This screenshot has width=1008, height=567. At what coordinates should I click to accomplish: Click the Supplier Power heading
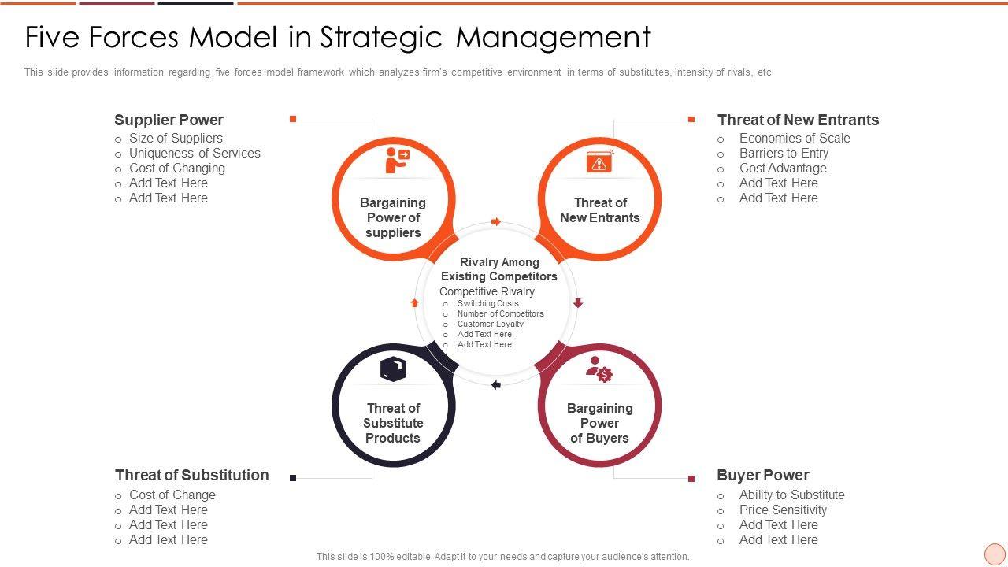(169, 120)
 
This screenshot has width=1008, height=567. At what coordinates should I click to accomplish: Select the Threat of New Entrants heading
(798, 120)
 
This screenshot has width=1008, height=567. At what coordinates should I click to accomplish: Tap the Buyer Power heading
(762, 475)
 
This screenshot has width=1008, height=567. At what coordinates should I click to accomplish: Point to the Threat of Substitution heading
(191, 475)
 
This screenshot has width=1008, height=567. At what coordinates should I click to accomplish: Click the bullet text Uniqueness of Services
(195, 153)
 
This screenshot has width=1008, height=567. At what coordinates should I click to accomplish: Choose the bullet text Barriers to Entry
(784, 153)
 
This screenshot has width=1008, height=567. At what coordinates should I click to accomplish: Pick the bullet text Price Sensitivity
(783, 510)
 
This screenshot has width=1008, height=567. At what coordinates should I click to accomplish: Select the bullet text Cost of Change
(172, 495)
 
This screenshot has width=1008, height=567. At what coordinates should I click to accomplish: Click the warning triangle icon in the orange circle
(599, 161)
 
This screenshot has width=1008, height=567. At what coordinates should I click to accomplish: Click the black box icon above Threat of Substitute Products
(393, 369)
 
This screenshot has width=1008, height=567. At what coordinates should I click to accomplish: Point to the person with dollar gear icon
(599, 369)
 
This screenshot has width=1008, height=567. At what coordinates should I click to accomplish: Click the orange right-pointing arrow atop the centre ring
(496, 222)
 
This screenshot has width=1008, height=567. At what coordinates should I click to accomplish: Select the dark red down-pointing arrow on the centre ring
(577, 303)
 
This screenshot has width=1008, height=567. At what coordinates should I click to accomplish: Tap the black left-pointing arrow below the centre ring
(496, 385)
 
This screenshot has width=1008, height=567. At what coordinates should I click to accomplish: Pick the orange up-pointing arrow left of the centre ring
(415, 302)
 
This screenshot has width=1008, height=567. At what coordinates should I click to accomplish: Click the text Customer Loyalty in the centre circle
(490, 324)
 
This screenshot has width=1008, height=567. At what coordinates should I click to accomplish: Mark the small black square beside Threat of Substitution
(293, 478)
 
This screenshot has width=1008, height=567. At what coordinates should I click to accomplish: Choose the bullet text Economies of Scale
(795, 138)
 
